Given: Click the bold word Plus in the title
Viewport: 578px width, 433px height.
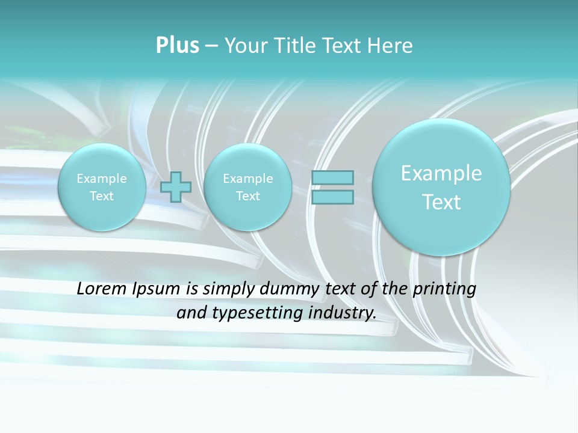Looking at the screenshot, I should [177, 46].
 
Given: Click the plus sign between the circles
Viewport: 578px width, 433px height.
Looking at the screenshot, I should [176, 187].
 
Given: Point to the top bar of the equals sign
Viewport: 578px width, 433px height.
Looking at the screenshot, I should [332, 177].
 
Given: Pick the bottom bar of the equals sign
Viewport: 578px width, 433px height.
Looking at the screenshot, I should [332, 197].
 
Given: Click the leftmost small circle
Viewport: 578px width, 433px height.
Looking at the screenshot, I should [101, 187].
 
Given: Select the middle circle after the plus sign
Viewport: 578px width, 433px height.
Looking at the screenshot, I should [247, 187].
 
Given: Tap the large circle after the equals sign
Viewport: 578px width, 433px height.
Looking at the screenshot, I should [441, 187].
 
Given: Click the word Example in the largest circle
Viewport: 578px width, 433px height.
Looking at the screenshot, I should [441, 173].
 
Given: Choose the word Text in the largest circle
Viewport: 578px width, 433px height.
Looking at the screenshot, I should [441, 202].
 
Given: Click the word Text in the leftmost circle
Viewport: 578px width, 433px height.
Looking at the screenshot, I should [101, 196].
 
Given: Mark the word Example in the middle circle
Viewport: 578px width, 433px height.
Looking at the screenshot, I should [247, 179].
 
